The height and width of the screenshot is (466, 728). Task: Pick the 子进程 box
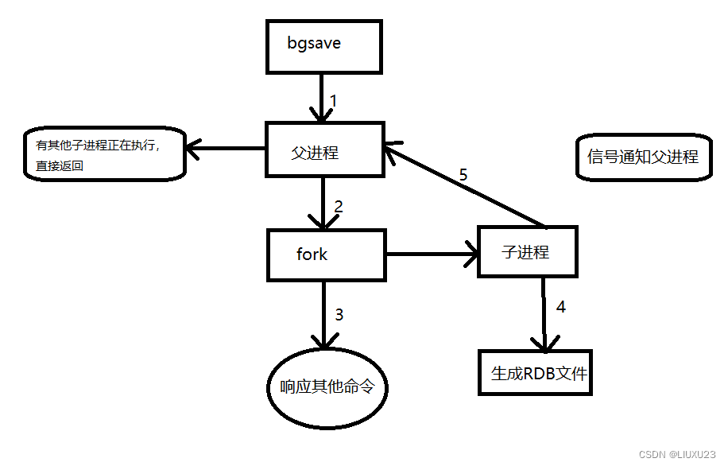pos(526,251)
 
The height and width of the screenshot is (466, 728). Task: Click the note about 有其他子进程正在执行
pos(104,154)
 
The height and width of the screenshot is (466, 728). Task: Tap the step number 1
pos(334,101)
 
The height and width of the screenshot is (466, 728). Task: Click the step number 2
pos(339,207)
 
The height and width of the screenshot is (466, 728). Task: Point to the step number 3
pos(339,314)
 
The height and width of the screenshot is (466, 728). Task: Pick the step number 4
pos(560,306)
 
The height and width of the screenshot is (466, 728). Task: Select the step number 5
pos(463,175)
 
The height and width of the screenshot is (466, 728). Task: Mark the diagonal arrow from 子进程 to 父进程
pos(465,187)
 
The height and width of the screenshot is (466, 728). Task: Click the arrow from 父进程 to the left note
pos(226,148)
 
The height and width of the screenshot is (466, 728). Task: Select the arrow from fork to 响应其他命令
pos(324,314)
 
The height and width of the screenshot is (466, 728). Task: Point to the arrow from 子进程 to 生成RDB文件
pos(544,314)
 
